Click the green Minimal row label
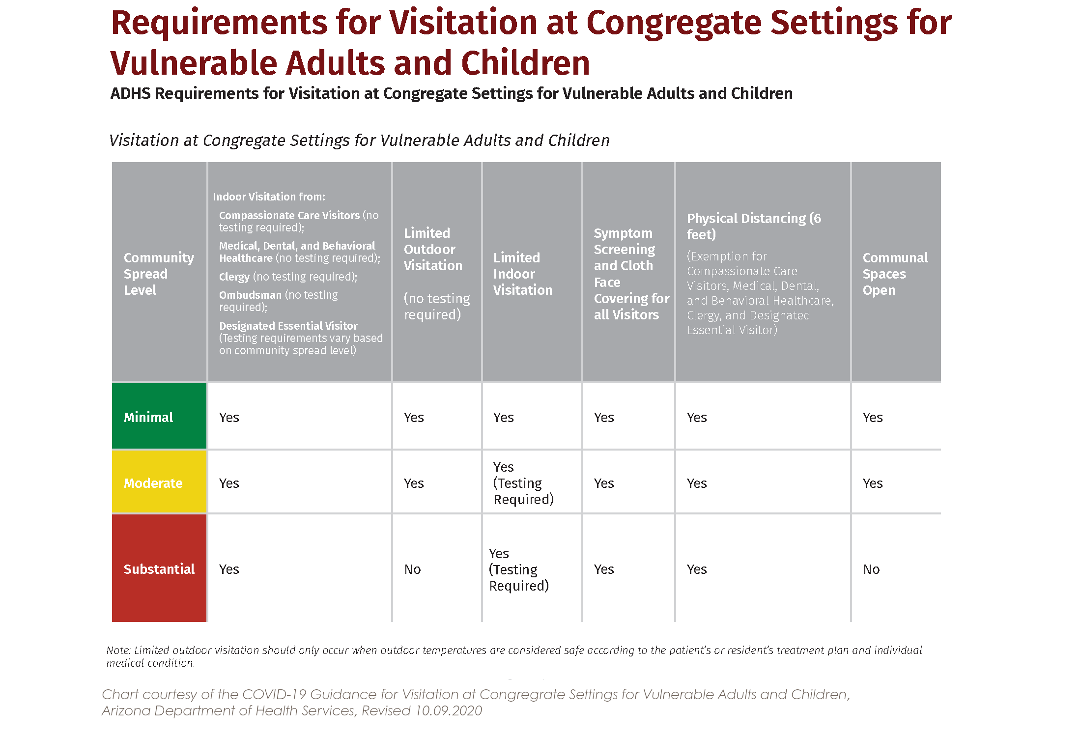(148, 417)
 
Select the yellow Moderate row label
(153, 483)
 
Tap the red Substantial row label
(159, 569)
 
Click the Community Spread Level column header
(159, 274)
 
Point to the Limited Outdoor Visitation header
(433, 249)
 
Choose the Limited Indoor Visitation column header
(523, 274)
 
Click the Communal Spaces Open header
(895, 274)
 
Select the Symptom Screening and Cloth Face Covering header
(631, 274)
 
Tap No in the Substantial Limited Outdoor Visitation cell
(413, 569)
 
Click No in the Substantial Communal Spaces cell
(872, 569)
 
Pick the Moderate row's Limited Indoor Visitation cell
(524, 483)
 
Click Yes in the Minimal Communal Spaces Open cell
(873, 417)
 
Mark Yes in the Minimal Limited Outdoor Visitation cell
(414, 417)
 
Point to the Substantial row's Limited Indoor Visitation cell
(519, 569)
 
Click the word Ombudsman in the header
(250, 295)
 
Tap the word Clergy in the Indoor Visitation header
(234, 277)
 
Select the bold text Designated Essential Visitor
(288, 326)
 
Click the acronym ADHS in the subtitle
(130, 93)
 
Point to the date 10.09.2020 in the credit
(449, 710)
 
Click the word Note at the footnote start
(118, 650)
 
